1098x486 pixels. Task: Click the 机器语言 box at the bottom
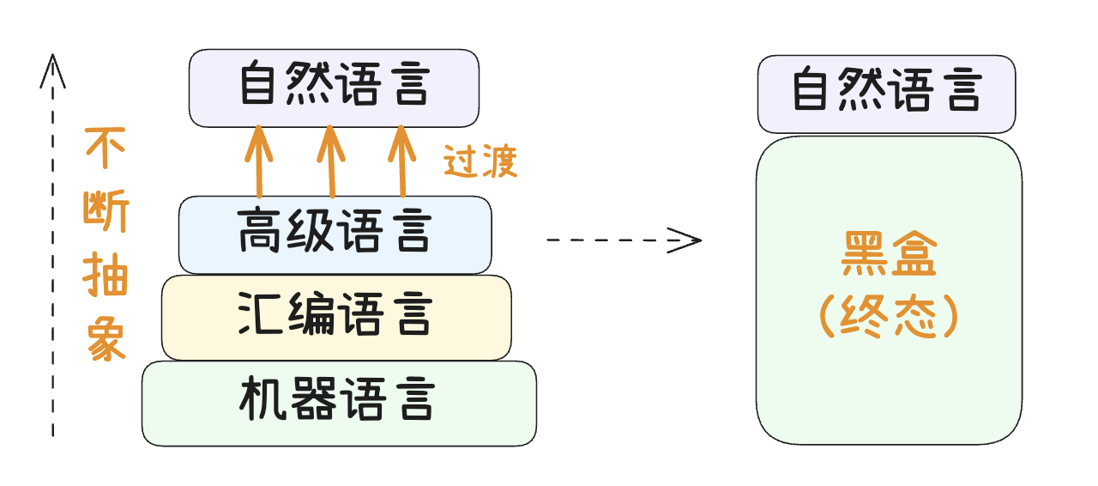click(339, 403)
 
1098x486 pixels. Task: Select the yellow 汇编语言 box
click(336, 317)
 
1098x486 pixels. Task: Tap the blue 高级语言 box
click(335, 234)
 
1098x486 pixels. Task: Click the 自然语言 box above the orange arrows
click(334, 88)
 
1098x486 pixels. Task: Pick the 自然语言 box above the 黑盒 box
click(886, 94)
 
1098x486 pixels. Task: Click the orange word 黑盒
click(888, 258)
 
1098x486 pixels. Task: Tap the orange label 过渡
click(480, 161)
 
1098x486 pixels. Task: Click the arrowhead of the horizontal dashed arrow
click(689, 240)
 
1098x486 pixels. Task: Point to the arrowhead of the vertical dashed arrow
click(53, 68)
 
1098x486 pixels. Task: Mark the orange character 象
click(106, 342)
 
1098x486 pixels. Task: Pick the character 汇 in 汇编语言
click(262, 316)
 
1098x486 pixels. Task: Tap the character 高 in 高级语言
click(262, 234)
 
